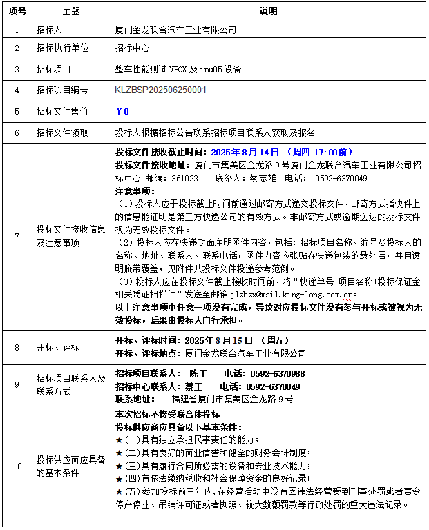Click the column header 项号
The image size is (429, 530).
point(17,12)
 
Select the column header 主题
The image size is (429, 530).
point(71,12)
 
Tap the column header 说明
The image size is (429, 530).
point(268,12)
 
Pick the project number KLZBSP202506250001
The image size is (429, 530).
point(160,90)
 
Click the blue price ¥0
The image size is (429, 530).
point(122,110)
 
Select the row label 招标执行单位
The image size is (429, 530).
point(63,48)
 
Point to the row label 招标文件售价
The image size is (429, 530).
point(63,110)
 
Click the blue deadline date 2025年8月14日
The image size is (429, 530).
point(245,152)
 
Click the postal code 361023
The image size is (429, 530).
point(184,178)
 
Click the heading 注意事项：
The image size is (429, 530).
point(135,190)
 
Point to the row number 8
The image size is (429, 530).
point(17,347)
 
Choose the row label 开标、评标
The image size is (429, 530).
point(58,347)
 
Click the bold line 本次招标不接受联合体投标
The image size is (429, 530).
point(168,414)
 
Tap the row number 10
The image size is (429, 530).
point(17,466)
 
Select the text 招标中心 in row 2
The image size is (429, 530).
point(132,48)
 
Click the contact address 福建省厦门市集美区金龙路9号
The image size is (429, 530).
point(232,399)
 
